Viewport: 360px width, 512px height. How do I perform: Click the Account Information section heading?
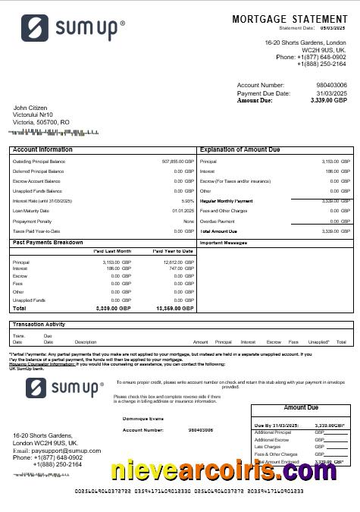coord(42,150)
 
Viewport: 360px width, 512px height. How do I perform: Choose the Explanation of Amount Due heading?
coord(239,150)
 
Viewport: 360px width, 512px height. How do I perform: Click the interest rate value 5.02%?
coord(188,201)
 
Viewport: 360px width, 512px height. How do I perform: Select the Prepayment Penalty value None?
coord(189,221)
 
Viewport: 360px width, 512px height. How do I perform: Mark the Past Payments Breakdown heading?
coord(48,242)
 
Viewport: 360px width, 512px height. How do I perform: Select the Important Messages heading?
coord(224,243)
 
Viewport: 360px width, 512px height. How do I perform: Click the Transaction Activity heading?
coord(39,325)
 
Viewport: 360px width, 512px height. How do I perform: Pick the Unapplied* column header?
coord(319,342)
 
